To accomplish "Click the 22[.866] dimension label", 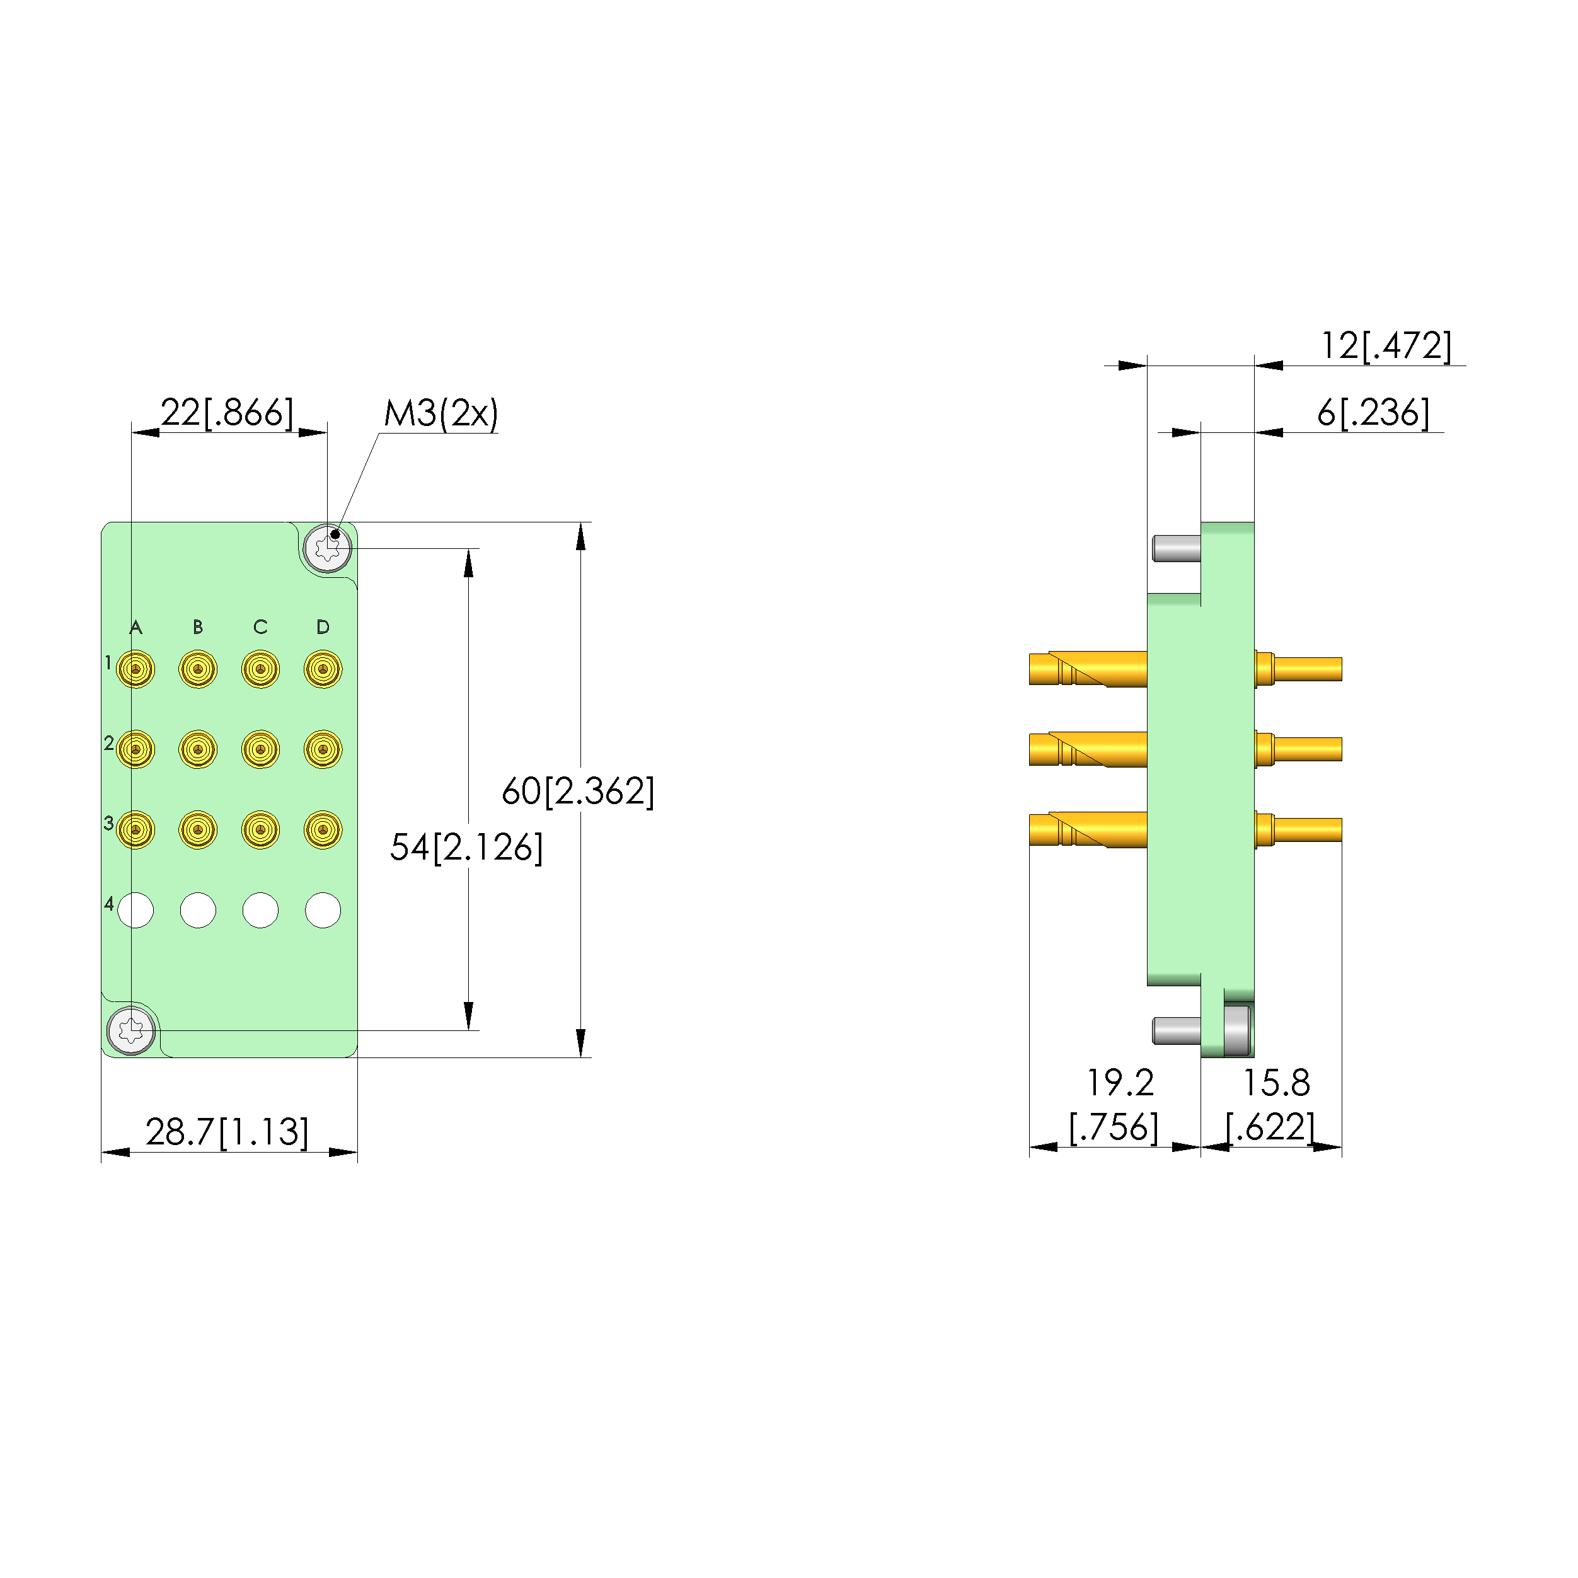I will (226, 413).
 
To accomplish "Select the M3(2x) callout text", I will (441, 413).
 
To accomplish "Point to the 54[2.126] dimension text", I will (466, 847).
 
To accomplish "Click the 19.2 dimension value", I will (1119, 1083).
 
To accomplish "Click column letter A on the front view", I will (135, 627).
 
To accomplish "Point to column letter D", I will (323, 627).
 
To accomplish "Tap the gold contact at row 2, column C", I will (260, 749).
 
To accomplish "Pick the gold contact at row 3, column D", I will (323, 830).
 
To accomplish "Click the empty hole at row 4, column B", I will (198, 910).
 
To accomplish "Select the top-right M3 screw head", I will (328, 548).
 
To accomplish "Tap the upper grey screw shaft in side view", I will (1176, 548).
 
